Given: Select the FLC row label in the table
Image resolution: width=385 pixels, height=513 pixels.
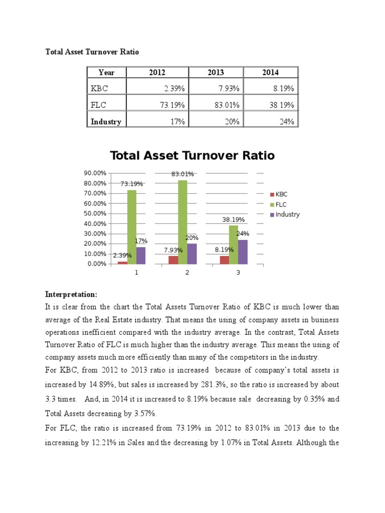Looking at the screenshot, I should (x=99, y=104).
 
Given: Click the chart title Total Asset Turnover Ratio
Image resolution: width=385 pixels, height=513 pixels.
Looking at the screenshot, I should (x=192, y=155).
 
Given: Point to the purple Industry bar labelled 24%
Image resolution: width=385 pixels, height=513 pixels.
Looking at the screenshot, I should (x=243, y=251).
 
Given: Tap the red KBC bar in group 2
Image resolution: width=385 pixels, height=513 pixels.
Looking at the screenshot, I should (x=173, y=260).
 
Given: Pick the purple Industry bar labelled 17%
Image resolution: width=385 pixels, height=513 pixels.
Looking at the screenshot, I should (x=141, y=255).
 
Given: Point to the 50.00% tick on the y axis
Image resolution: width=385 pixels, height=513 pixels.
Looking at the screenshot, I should (x=96, y=213).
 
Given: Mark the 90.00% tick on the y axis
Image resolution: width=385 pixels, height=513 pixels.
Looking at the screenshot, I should (x=96, y=173).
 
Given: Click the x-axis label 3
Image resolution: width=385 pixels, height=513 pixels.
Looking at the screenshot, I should (x=238, y=273).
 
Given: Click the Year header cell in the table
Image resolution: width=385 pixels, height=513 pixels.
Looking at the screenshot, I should (x=106, y=72).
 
